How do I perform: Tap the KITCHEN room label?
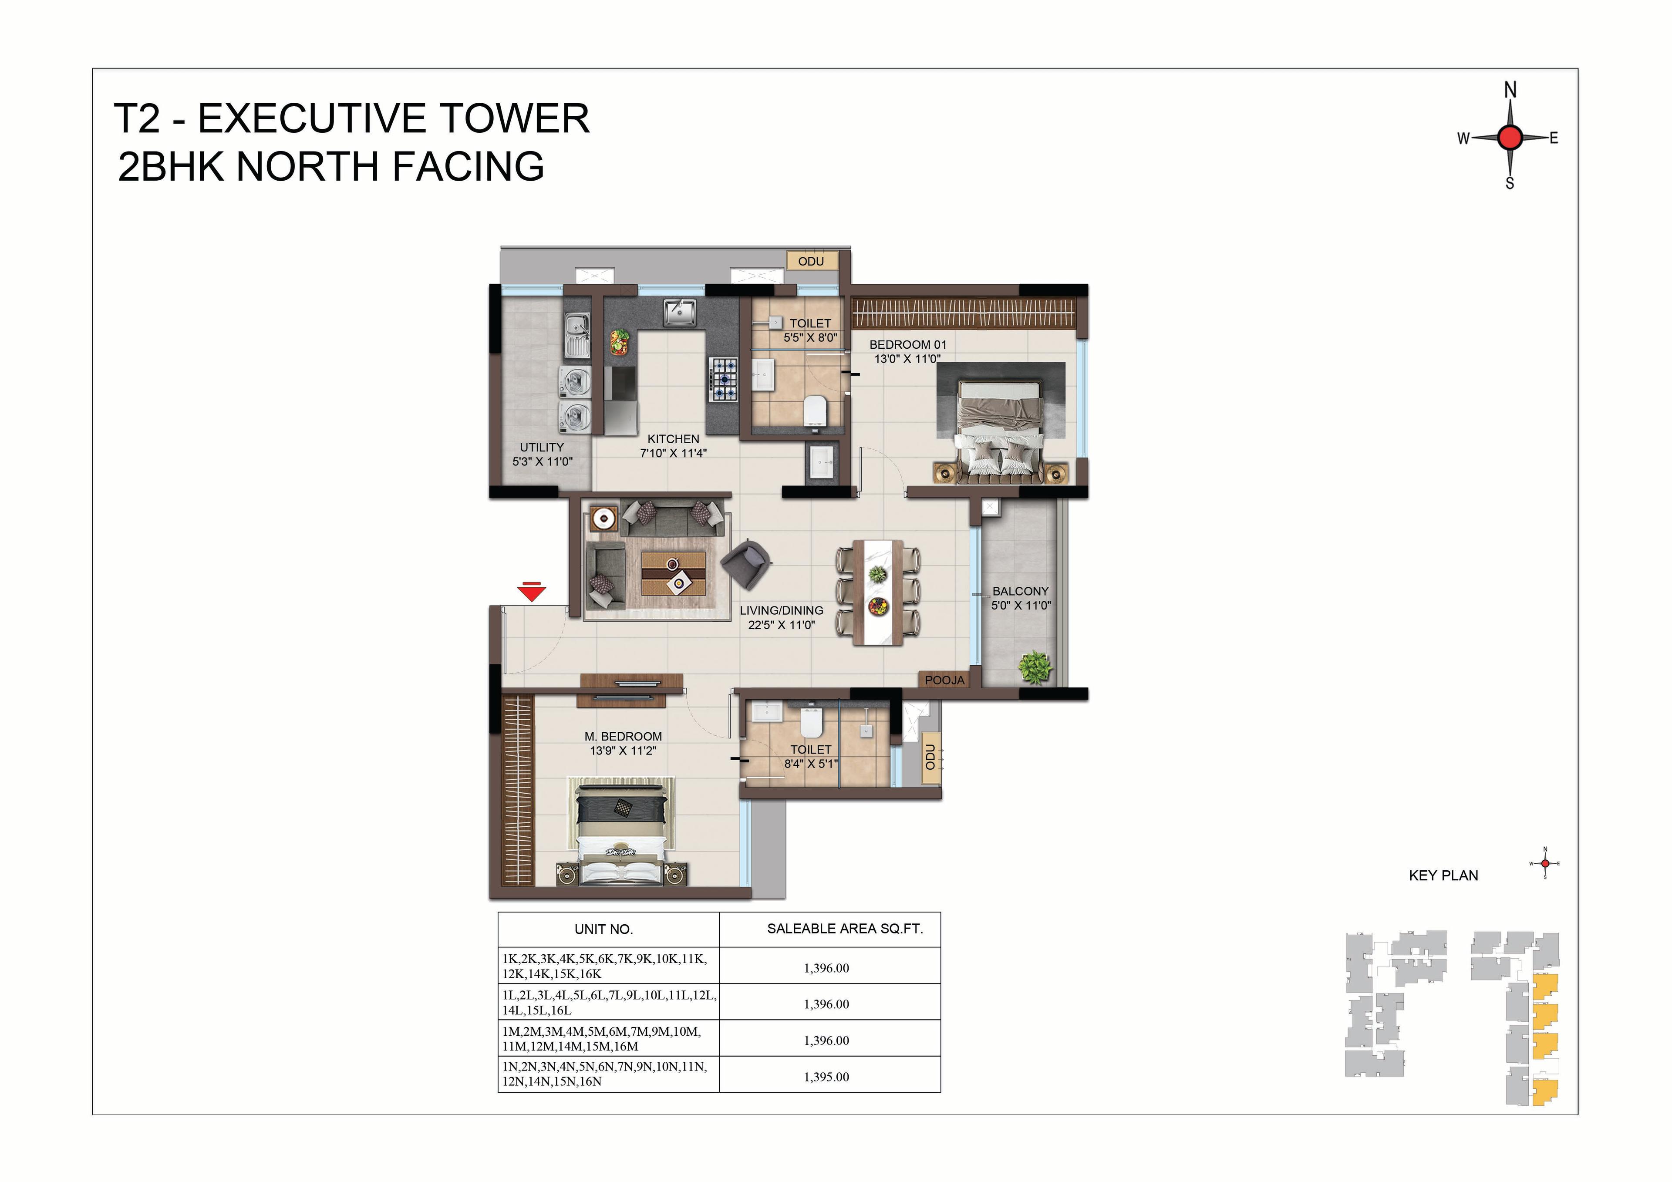coord(673,439)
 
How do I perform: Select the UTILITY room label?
coord(542,447)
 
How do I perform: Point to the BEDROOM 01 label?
coord(907,344)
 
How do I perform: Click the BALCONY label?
coord(1020,591)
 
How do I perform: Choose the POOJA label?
coord(944,680)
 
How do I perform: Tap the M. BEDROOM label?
coord(623,736)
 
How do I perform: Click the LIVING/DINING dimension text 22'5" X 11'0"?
coord(782,625)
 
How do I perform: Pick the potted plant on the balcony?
coord(1035,667)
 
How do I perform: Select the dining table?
coord(877,592)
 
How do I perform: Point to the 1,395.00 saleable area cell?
coord(826,1076)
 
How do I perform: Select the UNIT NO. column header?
coord(603,929)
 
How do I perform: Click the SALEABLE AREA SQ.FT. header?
coord(845,929)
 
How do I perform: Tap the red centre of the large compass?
coord(1510,137)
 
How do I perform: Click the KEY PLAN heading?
coord(1443,876)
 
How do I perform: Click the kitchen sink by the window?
coord(679,313)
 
